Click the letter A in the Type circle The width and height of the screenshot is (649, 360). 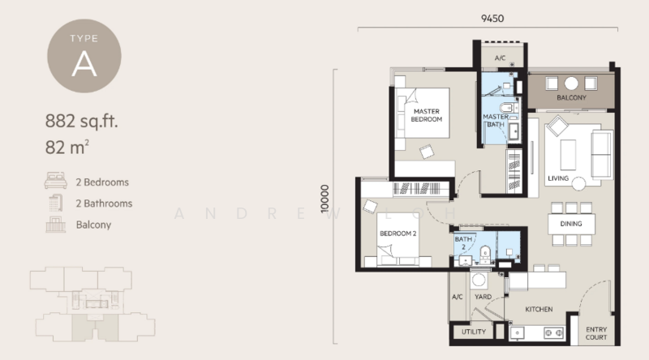[x=84, y=64]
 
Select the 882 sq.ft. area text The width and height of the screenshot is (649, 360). [x=82, y=122]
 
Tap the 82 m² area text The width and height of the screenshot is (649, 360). [x=67, y=147]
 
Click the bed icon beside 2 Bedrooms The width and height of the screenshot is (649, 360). [x=55, y=181]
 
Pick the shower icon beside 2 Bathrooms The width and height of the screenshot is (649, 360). [x=55, y=203]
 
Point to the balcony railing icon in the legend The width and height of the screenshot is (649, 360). [x=55, y=225]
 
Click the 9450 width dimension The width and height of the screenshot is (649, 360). [x=492, y=18]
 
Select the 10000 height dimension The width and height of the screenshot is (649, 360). [x=325, y=199]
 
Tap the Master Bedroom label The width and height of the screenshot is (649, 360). [x=427, y=115]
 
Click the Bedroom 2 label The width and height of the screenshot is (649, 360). [x=398, y=234]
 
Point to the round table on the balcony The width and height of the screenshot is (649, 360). [x=571, y=84]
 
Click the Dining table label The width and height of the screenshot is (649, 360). [x=571, y=224]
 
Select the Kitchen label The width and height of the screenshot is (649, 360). [x=539, y=309]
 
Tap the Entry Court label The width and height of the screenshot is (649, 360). [x=596, y=333]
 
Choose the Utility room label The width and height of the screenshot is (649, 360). [x=474, y=332]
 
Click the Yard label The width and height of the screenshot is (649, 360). [x=483, y=297]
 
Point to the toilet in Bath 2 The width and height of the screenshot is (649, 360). [x=484, y=254]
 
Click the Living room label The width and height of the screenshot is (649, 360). [x=558, y=178]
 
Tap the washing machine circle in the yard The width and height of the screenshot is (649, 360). [x=479, y=280]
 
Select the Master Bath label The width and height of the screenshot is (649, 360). [x=496, y=121]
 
